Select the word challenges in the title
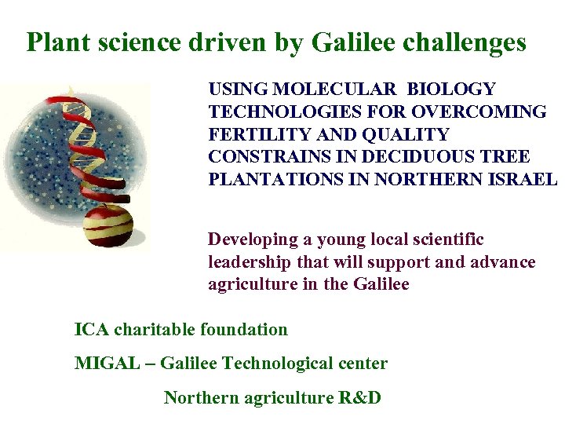[473, 42]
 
